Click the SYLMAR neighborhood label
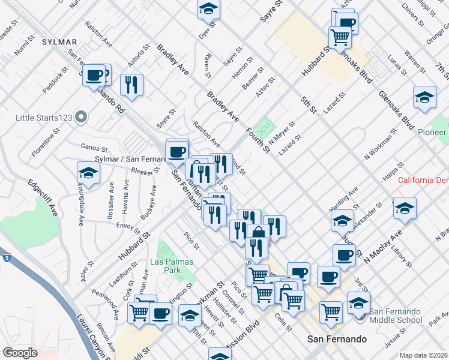[59, 42]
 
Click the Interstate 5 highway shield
[6, 258]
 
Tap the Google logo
[20, 353]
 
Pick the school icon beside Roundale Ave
[88, 173]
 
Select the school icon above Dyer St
[208, 9]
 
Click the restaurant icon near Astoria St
[131, 84]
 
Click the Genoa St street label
[94, 148]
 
